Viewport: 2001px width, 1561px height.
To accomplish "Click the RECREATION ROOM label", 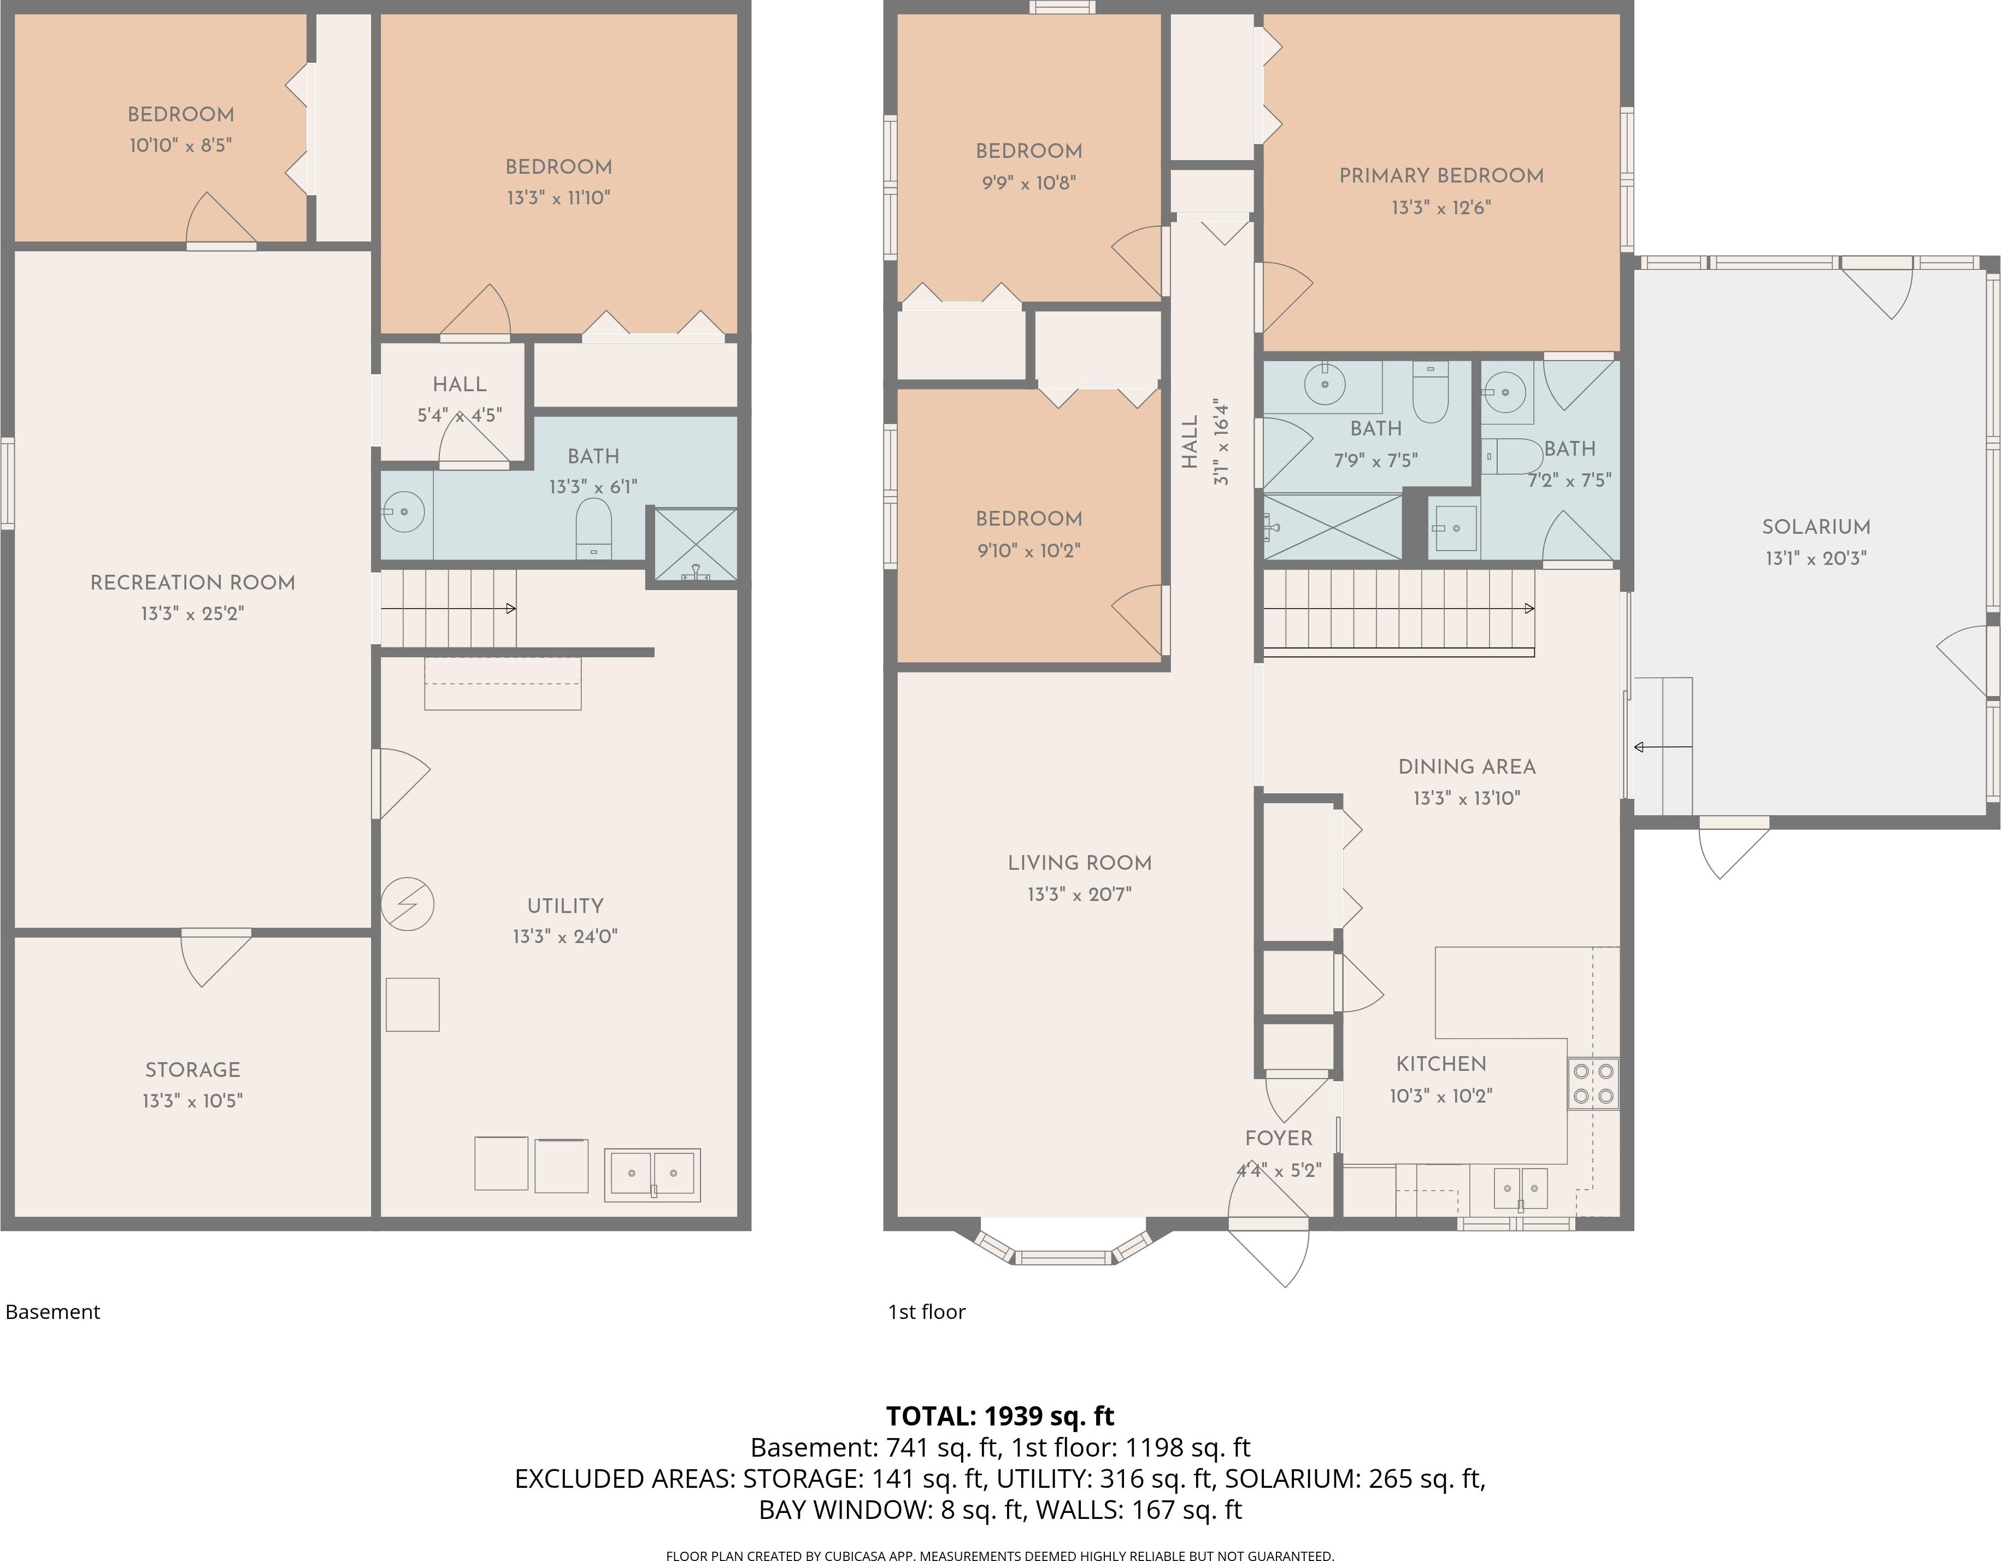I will (x=192, y=582).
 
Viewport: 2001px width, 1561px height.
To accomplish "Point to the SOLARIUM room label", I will (x=1816, y=527).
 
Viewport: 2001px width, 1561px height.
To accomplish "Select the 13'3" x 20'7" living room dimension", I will (x=1079, y=894).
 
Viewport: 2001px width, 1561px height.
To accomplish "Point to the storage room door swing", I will (x=214, y=956).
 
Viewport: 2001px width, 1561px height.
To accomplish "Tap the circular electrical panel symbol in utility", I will (x=407, y=904).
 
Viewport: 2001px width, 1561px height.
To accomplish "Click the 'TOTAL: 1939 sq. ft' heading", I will (x=999, y=1416).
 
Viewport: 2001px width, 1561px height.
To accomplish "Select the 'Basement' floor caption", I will (x=52, y=1312).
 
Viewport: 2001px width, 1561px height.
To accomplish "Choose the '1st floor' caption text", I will (x=926, y=1312).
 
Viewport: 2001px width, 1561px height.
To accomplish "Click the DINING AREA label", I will (x=1466, y=767).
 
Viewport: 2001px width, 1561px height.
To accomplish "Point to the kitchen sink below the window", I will (x=1521, y=1189).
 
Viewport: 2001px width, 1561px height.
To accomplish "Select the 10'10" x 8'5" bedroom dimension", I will (x=180, y=145).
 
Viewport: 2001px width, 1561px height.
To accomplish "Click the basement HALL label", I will (x=459, y=385).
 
